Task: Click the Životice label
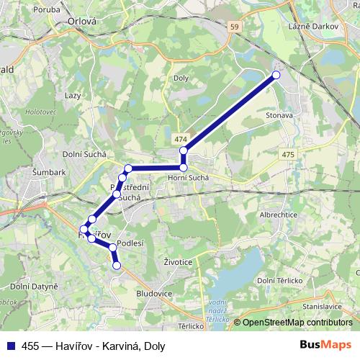[x=177, y=262]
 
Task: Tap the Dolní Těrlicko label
[x=279, y=280]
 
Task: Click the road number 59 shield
[x=234, y=27]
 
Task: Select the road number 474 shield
[x=180, y=138]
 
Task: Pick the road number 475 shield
[x=288, y=155]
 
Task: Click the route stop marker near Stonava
[x=276, y=74]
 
